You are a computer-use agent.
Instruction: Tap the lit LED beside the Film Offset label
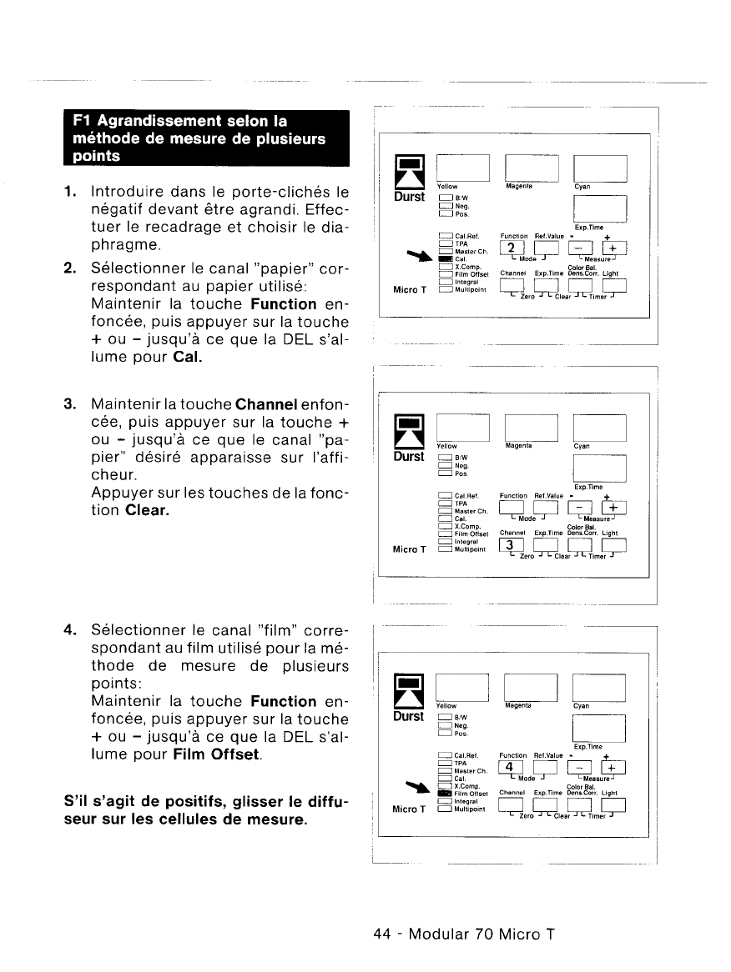click(444, 793)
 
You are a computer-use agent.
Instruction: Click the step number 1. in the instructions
click(69, 192)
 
